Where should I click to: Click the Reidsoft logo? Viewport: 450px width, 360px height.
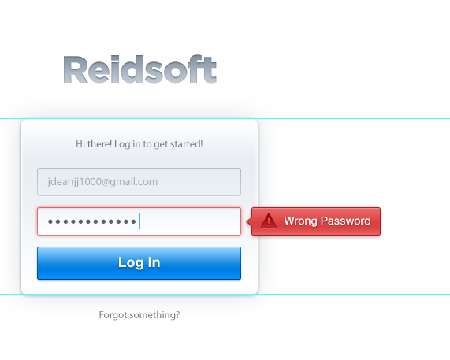click(139, 69)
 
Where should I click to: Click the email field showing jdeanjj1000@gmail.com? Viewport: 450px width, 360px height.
click(139, 182)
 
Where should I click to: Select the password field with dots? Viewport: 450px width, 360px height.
click(139, 221)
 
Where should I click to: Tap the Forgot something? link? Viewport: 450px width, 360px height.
click(139, 315)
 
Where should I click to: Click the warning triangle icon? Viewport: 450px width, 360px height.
click(269, 221)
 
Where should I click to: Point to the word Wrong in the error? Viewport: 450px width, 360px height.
click(300, 221)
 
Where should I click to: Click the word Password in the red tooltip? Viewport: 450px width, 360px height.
click(345, 221)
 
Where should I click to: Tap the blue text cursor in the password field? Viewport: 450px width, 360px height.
click(139, 221)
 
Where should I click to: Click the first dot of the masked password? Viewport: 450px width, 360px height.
click(50, 221)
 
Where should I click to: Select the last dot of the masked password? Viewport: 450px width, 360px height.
click(133, 221)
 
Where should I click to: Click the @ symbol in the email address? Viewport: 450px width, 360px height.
click(106, 182)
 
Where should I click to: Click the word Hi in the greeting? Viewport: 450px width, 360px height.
click(80, 143)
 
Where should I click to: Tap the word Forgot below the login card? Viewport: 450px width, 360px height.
click(113, 315)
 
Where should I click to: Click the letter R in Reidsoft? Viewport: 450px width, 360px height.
click(74, 69)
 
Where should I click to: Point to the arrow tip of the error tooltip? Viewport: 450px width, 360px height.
click(247, 221)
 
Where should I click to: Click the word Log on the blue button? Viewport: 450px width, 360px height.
click(131, 263)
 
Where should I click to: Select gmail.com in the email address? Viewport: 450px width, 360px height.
click(133, 182)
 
